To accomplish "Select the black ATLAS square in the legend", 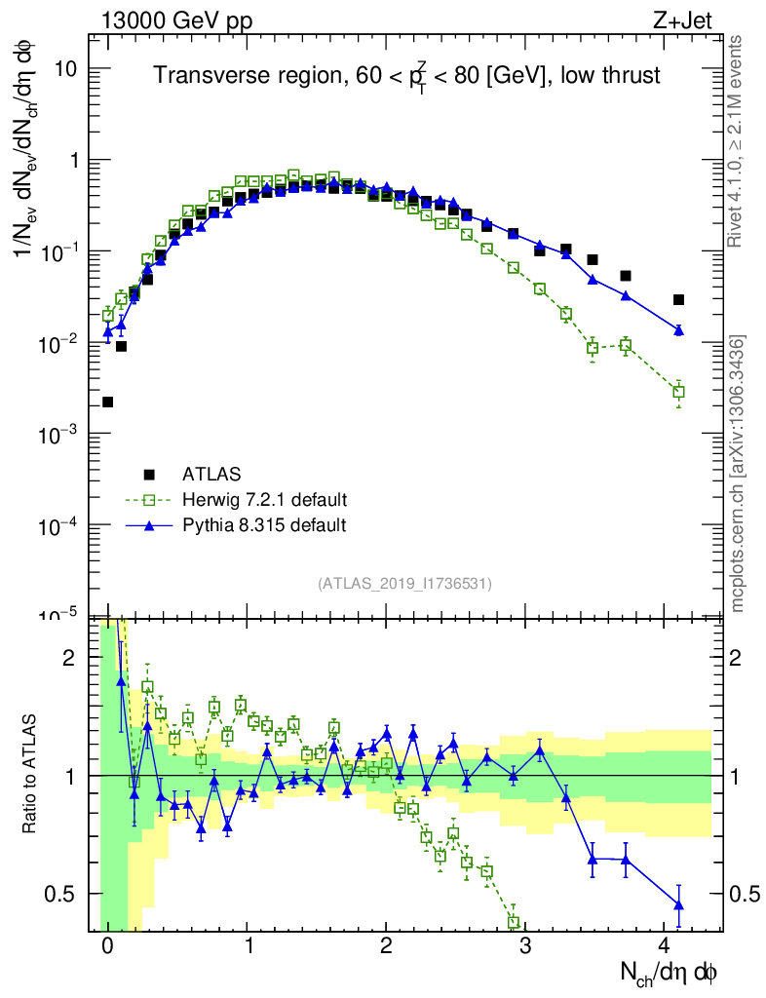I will pyautogui.click(x=149, y=475).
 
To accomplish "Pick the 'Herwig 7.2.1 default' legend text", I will pyautogui.click(x=265, y=500).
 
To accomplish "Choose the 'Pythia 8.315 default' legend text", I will pyautogui.click(x=265, y=525).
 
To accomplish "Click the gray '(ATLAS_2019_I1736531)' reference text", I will pyautogui.click(x=404, y=584).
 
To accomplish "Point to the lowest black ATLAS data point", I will pyautogui.click(x=107, y=402).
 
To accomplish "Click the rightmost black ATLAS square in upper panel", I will pyautogui.click(x=678, y=299).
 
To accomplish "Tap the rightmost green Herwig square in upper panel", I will pyautogui.click(x=678, y=392).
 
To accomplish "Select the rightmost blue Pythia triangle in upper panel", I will pyautogui.click(x=678, y=331).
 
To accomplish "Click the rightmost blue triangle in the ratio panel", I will pyautogui.click(x=678, y=905).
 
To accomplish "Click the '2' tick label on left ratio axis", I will pyautogui.click(x=69, y=658).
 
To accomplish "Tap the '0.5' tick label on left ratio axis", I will pyautogui.click(x=61, y=894).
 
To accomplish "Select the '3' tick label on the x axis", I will pyautogui.click(x=525, y=946).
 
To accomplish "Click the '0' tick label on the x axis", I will pyautogui.click(x=107, y=946).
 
